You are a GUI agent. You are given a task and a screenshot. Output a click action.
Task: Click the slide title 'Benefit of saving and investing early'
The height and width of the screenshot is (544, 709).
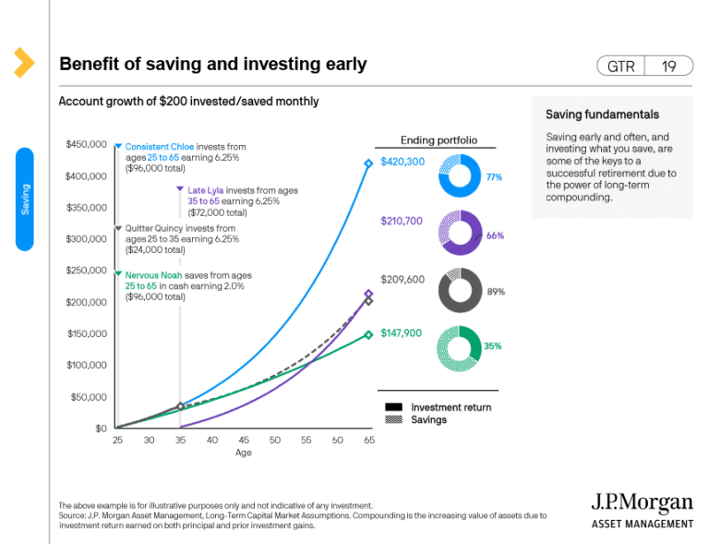(212, 64)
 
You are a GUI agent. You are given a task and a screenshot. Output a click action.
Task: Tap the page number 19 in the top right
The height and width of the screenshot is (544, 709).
(669, 66)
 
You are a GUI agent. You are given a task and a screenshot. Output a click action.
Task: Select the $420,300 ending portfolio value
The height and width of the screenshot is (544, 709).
(403, 162)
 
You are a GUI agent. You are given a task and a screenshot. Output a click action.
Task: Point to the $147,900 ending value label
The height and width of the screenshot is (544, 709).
(402, 332)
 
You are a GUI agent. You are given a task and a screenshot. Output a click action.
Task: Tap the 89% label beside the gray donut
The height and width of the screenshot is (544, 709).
(496, 291)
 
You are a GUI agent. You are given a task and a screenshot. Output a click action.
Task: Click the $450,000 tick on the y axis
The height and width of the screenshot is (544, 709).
(86, 144)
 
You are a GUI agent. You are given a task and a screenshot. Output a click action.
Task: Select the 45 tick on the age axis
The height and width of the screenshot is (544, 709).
(244, 441)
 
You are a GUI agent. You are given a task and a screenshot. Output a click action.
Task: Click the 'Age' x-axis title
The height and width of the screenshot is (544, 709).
(244, 453)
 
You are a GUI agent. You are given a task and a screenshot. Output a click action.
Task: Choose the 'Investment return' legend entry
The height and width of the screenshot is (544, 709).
(451, 407)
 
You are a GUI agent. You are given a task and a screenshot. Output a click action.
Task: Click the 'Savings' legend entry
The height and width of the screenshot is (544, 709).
(429, 419)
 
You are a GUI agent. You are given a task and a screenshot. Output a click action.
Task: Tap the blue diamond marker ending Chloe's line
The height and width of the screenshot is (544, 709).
(368, 163)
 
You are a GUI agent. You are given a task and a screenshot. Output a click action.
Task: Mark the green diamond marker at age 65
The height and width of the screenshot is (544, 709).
(368, 335)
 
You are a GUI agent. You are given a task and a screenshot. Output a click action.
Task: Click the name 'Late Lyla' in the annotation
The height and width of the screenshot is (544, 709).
(207, 190)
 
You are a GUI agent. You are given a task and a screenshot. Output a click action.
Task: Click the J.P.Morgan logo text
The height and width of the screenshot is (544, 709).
(642, 503)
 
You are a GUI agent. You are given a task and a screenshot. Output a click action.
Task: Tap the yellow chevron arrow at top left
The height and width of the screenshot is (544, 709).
(24, 63)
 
